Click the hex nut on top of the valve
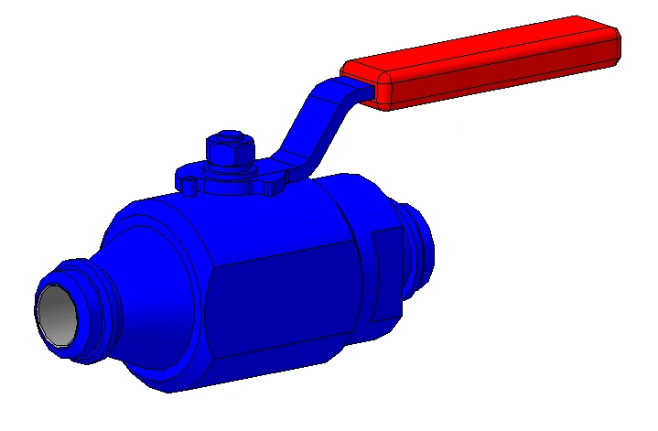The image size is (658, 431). (230, 154)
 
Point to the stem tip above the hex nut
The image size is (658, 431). (230, 136)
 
